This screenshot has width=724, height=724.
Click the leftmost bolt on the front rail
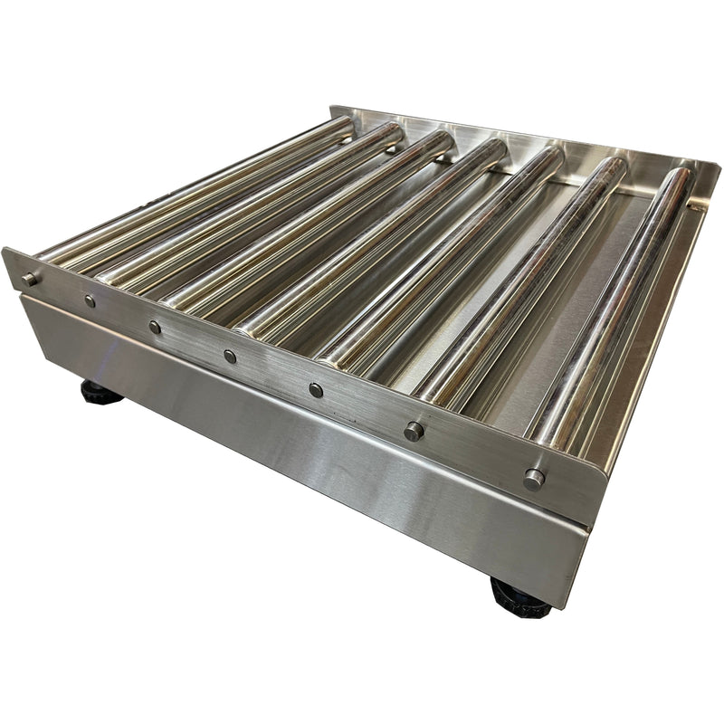(x=30, y=279)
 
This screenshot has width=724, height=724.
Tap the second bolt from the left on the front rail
(x=89, y=300)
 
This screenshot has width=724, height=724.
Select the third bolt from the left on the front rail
(x=155, y=327)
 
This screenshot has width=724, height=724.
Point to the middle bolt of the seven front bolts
(x=230, y=357)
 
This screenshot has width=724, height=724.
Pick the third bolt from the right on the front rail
(x=315, y=390)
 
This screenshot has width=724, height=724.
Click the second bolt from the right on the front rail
(x=414, y=431)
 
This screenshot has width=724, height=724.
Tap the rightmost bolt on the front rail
(x=533, y=478)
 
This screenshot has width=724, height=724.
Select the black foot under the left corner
(x=100, y=393)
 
